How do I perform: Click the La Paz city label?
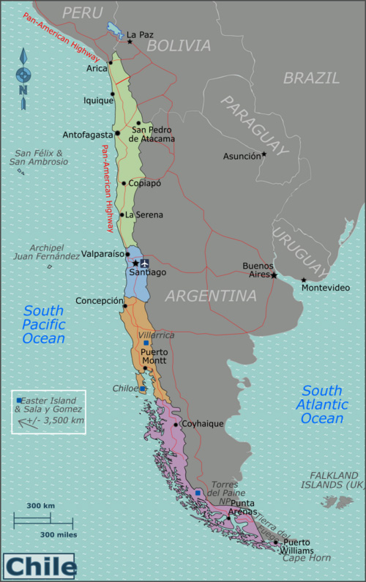(140, 34)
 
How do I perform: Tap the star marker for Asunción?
(264, 154)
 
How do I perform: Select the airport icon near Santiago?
(144, 263)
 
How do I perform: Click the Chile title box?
(40, 566)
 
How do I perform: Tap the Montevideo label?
(326, 286)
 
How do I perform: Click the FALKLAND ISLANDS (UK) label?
(333, 480)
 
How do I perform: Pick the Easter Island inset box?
(48, 411)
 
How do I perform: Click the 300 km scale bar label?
(41, 506)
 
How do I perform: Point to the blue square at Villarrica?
(146, 343)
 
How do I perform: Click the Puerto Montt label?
(154, 356)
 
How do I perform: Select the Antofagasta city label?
(87, 135)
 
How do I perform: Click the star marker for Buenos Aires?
(274, 276)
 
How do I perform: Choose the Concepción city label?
(99, 301)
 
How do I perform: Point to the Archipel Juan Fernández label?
(45, 252)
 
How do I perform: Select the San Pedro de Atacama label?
(152, 134)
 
